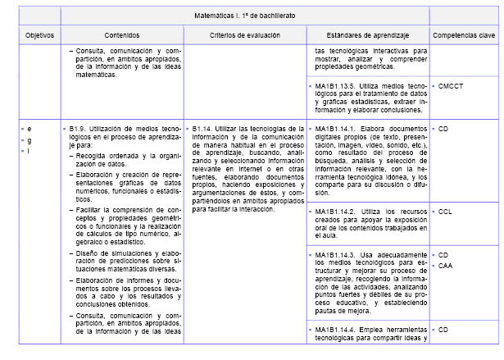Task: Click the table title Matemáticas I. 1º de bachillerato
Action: pyautogui.click(x=245, y=16)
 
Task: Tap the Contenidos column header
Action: pyautogui.click(x=121, y=35)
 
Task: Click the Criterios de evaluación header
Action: pyautogui.click(x=244, y=35)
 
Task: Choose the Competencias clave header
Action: pyautogui.click(x=465, y=35)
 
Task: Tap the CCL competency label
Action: pyautogui.click(x=445, y=211)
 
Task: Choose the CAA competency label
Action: pyautogui.click(x=445, y=266)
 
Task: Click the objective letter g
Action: pyautogui.click(x=30, y=140)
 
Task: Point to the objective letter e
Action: pyautogui.click(x=30, y=129)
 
